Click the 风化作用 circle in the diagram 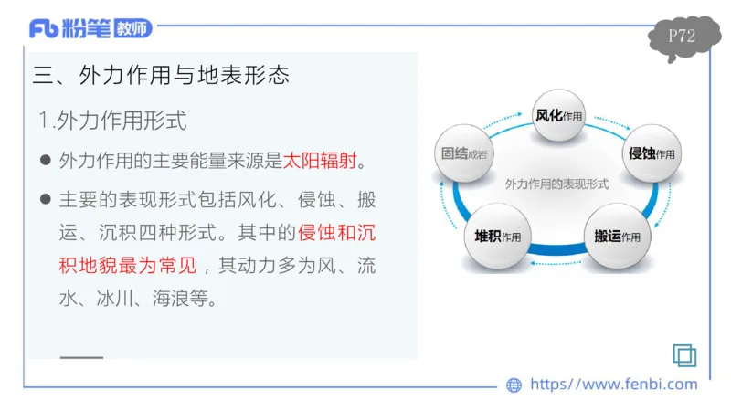pos(558,116)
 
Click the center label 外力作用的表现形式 pos(556,184)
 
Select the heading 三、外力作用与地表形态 pos(161,75)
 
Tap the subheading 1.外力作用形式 pos(112,120)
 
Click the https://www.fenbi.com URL pos(613,385)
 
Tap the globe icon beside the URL pos(514,385)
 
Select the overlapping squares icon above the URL pos(684,355)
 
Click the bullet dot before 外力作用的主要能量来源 pos(45,162)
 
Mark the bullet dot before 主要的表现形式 pos(45,200)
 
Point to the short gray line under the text pos(81,357)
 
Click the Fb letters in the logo pos(44,29)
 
